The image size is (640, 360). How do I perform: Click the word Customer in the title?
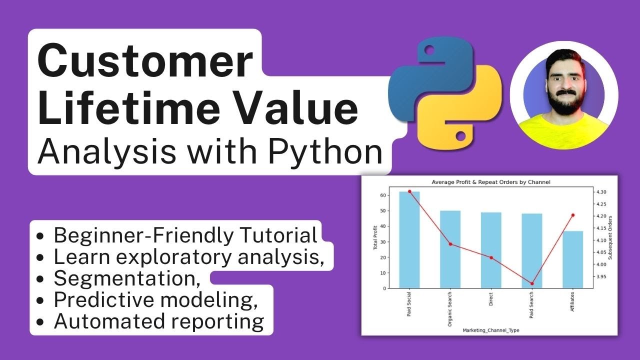(x=145, y=61)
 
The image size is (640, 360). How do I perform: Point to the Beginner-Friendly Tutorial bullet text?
(x=185, y=235)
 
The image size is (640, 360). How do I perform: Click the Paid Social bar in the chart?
(x=409, y=240)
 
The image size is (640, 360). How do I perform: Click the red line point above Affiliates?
(x=573, y=215)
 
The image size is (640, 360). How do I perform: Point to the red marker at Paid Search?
(x=532, y=283)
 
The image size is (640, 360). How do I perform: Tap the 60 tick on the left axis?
(x=382, y=195)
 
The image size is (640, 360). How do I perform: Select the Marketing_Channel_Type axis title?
(x=490, y=330)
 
